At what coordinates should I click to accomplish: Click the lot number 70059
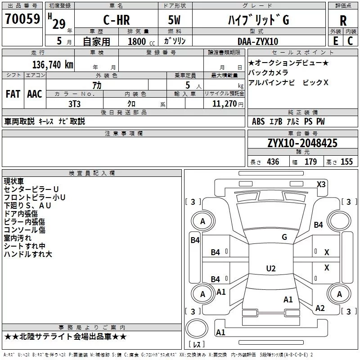point(22,19)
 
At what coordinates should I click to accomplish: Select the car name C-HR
point(117,20)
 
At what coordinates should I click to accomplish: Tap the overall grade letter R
point(343,21)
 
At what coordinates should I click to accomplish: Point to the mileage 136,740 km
point(53,65)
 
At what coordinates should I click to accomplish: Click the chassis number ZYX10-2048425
point(302,143)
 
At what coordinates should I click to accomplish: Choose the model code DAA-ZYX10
point(258,41)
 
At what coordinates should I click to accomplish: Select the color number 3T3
point(74,104)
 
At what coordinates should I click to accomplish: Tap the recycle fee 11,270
point(224,104)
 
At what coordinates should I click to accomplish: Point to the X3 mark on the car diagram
point(321,184)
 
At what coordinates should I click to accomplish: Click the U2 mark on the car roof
point(271,268)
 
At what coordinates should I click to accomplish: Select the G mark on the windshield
point(284,237)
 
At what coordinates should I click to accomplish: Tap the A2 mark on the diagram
point(320,308)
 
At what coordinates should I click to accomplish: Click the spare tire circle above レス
point(197,328)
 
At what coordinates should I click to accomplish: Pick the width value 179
point(310,162)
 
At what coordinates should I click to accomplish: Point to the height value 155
point(346,162)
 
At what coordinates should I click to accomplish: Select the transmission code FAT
point(13,94)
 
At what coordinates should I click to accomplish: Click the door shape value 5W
point(174,20)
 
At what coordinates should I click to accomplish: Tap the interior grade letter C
point(350,41)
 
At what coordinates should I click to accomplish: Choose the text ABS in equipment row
point(258,121)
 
